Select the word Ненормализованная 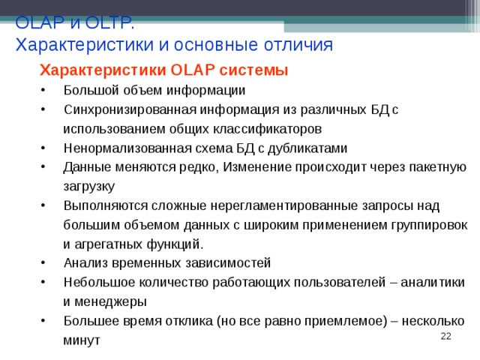121,148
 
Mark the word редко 199,166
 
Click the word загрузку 88,186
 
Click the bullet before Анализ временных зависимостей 46,263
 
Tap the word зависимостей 229,263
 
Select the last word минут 82,340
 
